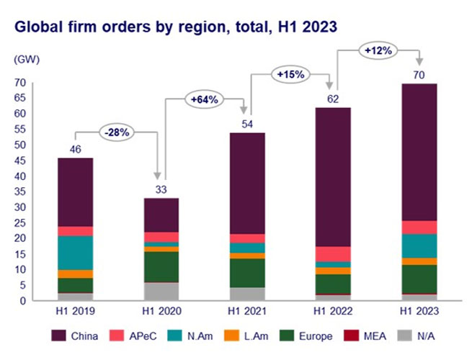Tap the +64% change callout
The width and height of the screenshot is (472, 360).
pyautogui.click(x=205, y=99)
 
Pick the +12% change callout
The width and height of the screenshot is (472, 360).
pyautogui.click(x=378, y=51)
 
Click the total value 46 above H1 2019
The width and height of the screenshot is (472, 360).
pyautogui.click(x=76, y=149)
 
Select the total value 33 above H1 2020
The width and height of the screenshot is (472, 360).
pyautogui.click(x=161, y=189)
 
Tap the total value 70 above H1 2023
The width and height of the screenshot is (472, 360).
pyautogui.click(x=419, y=74)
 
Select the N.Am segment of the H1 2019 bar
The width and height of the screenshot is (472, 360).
pyautogui.click(x=76, y=253)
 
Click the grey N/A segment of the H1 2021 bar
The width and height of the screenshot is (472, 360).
pyautogui.click(x=247, y=294)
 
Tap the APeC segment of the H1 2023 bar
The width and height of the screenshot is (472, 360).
pyautogui.click(x=419, y=228)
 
